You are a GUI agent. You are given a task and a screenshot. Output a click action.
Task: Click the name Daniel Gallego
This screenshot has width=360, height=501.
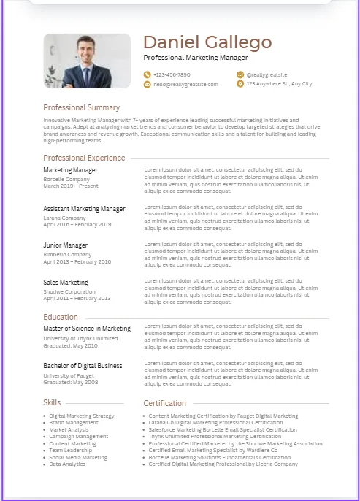(207, 42)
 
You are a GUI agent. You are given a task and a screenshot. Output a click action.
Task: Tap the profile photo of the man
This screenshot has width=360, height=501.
(87, 61)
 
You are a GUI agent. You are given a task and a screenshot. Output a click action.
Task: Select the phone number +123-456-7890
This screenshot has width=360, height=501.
(172, 74)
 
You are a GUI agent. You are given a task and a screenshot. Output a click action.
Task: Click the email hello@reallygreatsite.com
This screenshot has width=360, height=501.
(185, 84)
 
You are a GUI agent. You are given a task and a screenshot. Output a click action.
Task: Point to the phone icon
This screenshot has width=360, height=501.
(148, 74)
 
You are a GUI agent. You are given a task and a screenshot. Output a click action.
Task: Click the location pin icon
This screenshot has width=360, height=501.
(240, 84)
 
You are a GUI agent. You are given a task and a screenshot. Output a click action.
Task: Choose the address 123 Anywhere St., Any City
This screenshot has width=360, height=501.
(279, 84)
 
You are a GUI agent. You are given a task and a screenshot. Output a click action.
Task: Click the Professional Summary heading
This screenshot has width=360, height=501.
(81, 107)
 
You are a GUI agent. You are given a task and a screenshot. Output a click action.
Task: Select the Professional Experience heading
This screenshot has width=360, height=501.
(84, 158)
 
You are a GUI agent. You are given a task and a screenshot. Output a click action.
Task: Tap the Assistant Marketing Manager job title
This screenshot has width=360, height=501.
(84, 209)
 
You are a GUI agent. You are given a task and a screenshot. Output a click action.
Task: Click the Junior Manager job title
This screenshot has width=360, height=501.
(65, 245)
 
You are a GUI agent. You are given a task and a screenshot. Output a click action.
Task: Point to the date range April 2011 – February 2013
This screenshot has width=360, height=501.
(77, 298)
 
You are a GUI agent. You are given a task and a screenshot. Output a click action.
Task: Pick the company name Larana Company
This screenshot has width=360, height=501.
(64, 218)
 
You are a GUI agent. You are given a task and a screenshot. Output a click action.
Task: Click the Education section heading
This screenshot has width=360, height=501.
(61, 317)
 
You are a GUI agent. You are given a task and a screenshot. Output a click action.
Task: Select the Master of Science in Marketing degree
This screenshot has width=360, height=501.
(87, 329)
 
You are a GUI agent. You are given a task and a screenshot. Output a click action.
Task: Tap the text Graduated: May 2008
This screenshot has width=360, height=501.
(70, 382)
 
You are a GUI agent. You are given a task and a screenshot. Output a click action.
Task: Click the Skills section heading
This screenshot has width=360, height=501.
(52, 402)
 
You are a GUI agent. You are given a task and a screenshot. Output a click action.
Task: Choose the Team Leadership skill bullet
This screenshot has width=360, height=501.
(70, 451)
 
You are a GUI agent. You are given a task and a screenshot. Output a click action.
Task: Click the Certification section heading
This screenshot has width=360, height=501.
(164, 403)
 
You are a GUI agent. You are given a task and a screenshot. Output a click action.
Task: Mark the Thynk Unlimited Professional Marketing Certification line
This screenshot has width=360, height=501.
(215, 437)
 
